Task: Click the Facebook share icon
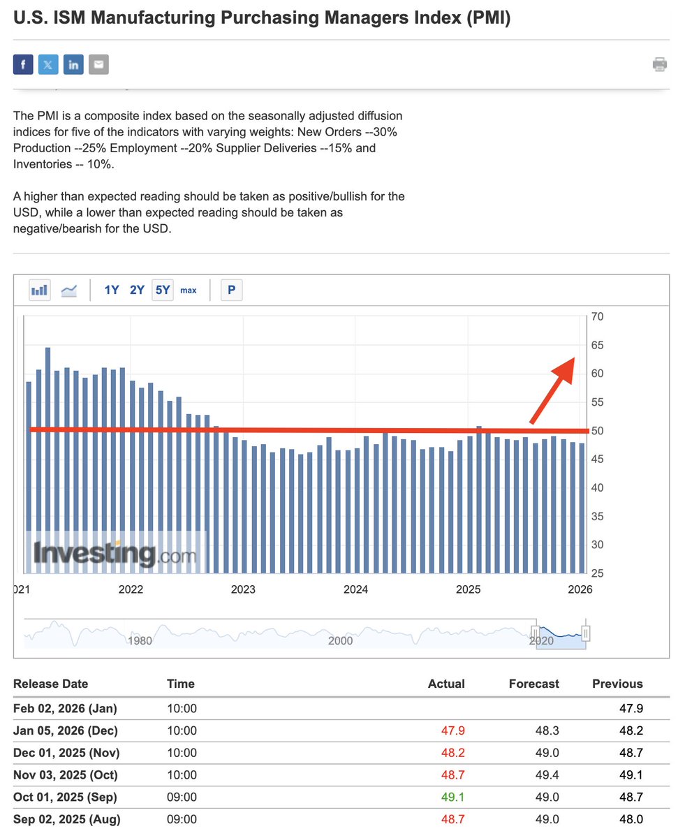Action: tap(23, 65)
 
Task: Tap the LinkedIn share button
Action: tap(73, 65)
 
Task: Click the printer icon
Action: tap(659, 65)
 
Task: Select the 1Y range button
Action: tap(112, 290)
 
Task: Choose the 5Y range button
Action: tap(163, 290)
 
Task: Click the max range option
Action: tap(189, 290)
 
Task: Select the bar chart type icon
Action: tap(40, 290)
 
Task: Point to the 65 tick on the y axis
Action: tap(597, 346)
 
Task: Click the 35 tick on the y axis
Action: tap(597, 517)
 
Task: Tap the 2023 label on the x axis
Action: tap(243, 589)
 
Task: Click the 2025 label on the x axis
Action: tap(468, 589)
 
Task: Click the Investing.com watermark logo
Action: tap(115, 554)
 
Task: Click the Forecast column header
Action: tap(533, 684)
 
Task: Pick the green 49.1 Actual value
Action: tap(451, 797)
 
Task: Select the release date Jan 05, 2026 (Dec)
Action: tap(66, 730)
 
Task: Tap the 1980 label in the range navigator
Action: tap(140, 640)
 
